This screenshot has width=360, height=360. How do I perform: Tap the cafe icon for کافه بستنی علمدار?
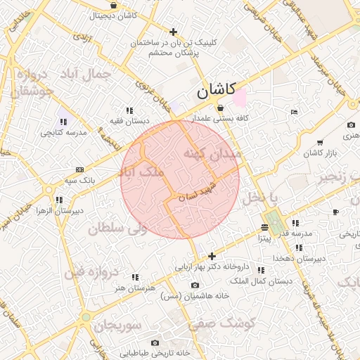(221, 108)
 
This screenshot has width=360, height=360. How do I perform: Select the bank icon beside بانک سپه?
(79, 169)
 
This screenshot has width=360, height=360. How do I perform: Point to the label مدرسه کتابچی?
(63, 132)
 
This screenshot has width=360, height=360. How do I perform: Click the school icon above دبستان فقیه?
(129, 110)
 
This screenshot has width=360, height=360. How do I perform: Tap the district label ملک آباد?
(143, 171)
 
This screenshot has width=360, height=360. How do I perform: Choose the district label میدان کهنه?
(212, 153)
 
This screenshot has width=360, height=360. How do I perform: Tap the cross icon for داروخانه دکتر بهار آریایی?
(212, 256)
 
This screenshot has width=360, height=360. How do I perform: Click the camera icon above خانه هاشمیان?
(195, 285)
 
